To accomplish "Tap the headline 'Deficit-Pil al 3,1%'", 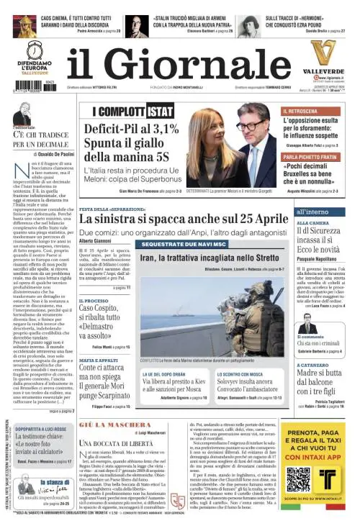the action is tap(130, 130).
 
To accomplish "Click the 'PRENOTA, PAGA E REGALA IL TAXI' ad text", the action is tap(313, 432).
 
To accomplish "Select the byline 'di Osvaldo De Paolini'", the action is tap(42, 153).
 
